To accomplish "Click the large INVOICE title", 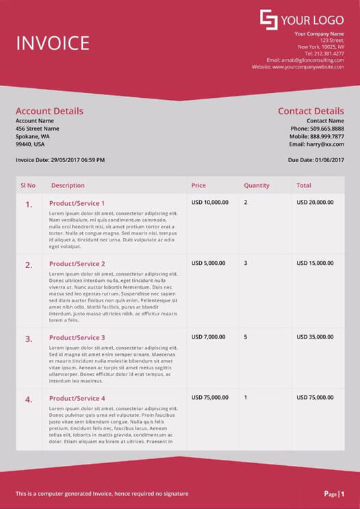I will pyautogui.click(x=53, y=43).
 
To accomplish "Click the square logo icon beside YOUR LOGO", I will pyautogui.click(x=268, y=20).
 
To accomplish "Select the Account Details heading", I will pyautogui.click(x=49, y=111).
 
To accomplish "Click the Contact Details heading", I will pyautogui.click(x=311, y=111).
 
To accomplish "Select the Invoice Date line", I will pyautogui.click(x=60, y=160).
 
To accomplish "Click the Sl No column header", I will pyautogui.click(x=28, y=185).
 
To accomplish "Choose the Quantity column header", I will pyautogui.click(x=257, y=185).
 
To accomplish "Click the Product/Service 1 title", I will pyautogui.click(x=77, y=203).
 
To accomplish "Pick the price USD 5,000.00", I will pyautogui.click(x=208, y=263).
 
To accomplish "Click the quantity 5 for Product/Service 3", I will pyautogui.click(x=246, y=337).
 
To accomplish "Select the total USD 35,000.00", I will pyautogui.click(x=315, y=337).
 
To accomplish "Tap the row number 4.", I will pyautogui.click(x=29, y=400).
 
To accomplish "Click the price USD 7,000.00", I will pyautogui.click(x=208, y=337).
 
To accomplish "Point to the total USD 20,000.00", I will pyautogui.click(x=315, y=203).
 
